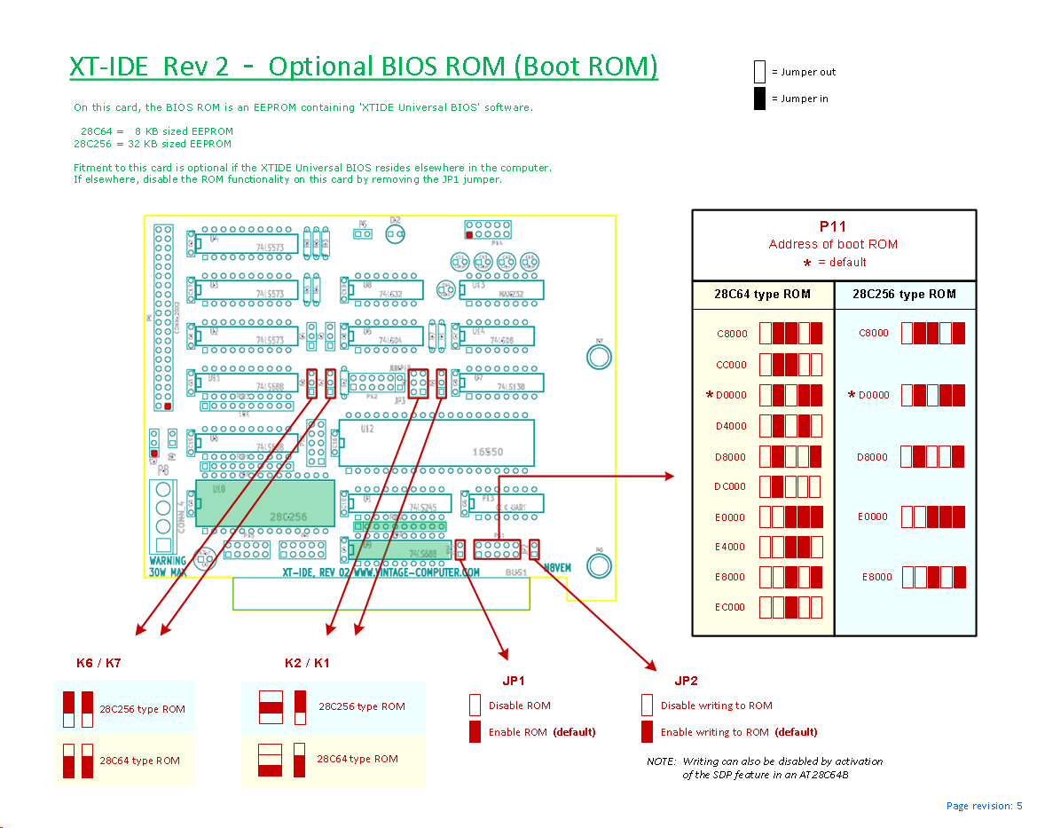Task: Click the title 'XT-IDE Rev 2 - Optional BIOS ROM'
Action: click(364, 67)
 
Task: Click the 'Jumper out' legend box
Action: click(759, 72)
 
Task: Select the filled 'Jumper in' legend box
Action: click(759, 99)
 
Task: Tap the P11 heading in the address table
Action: click(833, 226)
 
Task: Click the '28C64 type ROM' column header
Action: click(763, 295)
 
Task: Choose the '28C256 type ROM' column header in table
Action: click(905, 295)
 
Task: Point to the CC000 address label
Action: click(732, 365)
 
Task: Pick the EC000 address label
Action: click(731, 607)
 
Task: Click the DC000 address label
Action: click(731, 486)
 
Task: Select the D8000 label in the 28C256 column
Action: click(873, 457)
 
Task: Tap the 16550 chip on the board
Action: click(487, 452)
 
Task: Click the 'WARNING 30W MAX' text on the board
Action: click(168, 566)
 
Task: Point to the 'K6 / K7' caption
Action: click(98, 663)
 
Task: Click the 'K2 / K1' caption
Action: click(307, 663)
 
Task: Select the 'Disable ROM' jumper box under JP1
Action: click(475, 706)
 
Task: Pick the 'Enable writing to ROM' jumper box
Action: click(647, 732)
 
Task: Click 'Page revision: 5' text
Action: click(984, 806)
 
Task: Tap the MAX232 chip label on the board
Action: click(510, 294)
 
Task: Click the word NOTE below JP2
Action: click(660, 761)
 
